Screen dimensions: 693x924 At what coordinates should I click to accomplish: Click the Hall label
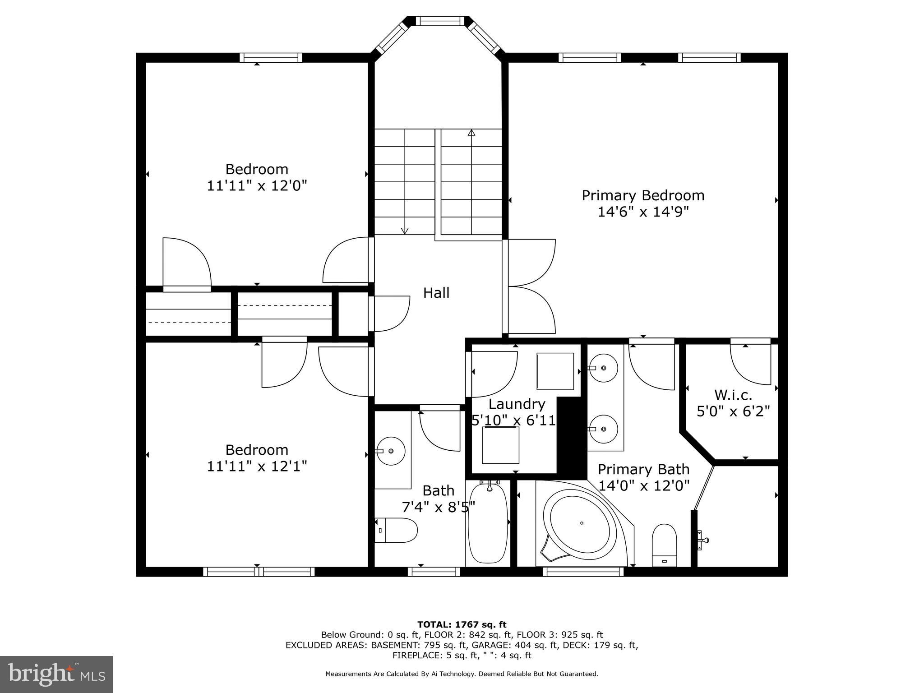point(436,293)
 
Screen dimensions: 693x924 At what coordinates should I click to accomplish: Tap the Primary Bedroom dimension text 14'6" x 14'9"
point(643,212)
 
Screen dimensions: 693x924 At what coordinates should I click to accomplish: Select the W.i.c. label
point(733,395)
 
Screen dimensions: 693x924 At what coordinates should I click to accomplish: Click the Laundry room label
point(517,404)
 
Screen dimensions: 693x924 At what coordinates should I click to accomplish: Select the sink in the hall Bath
point(391,451)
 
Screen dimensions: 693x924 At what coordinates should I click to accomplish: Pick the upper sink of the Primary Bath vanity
point(603,368)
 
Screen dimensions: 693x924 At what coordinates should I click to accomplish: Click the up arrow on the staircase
point(471,133)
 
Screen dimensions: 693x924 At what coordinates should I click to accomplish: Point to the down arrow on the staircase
point(405,231)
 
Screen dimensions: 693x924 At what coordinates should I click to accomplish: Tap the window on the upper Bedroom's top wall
point(271,57)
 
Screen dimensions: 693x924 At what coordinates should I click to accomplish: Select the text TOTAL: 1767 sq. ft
point(462,625)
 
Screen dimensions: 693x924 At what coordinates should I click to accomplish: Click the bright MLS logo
point(56,674)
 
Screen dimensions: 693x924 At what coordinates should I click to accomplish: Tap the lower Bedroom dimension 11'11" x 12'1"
point(257,466)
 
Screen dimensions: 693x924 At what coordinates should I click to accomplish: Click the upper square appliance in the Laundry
point(555,371)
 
